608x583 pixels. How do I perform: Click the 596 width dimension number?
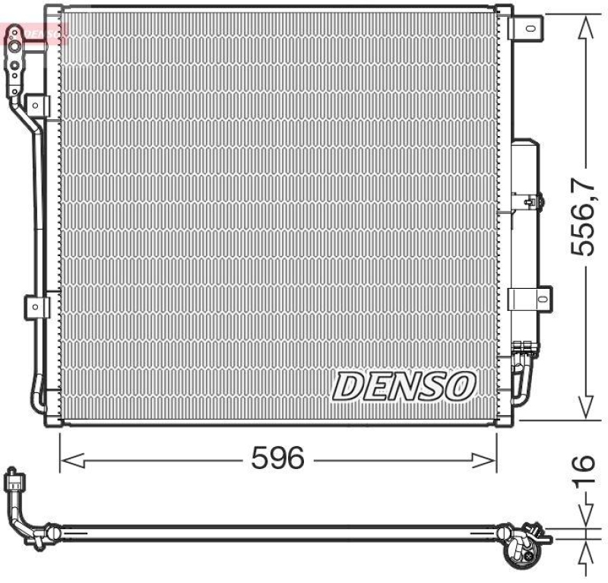279,458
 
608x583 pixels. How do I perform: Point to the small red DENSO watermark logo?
35,32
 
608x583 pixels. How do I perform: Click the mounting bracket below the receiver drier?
527,297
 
